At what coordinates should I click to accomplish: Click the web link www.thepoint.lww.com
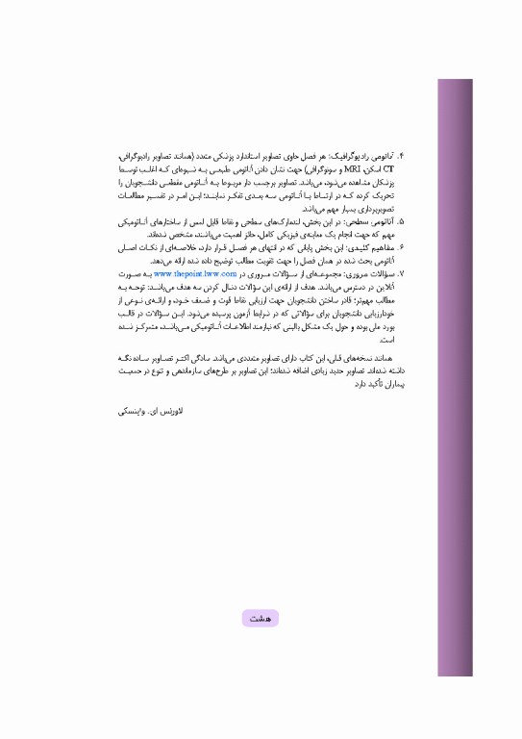(x=195, y=274)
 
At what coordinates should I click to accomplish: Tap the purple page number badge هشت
(x=260, y=619)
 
